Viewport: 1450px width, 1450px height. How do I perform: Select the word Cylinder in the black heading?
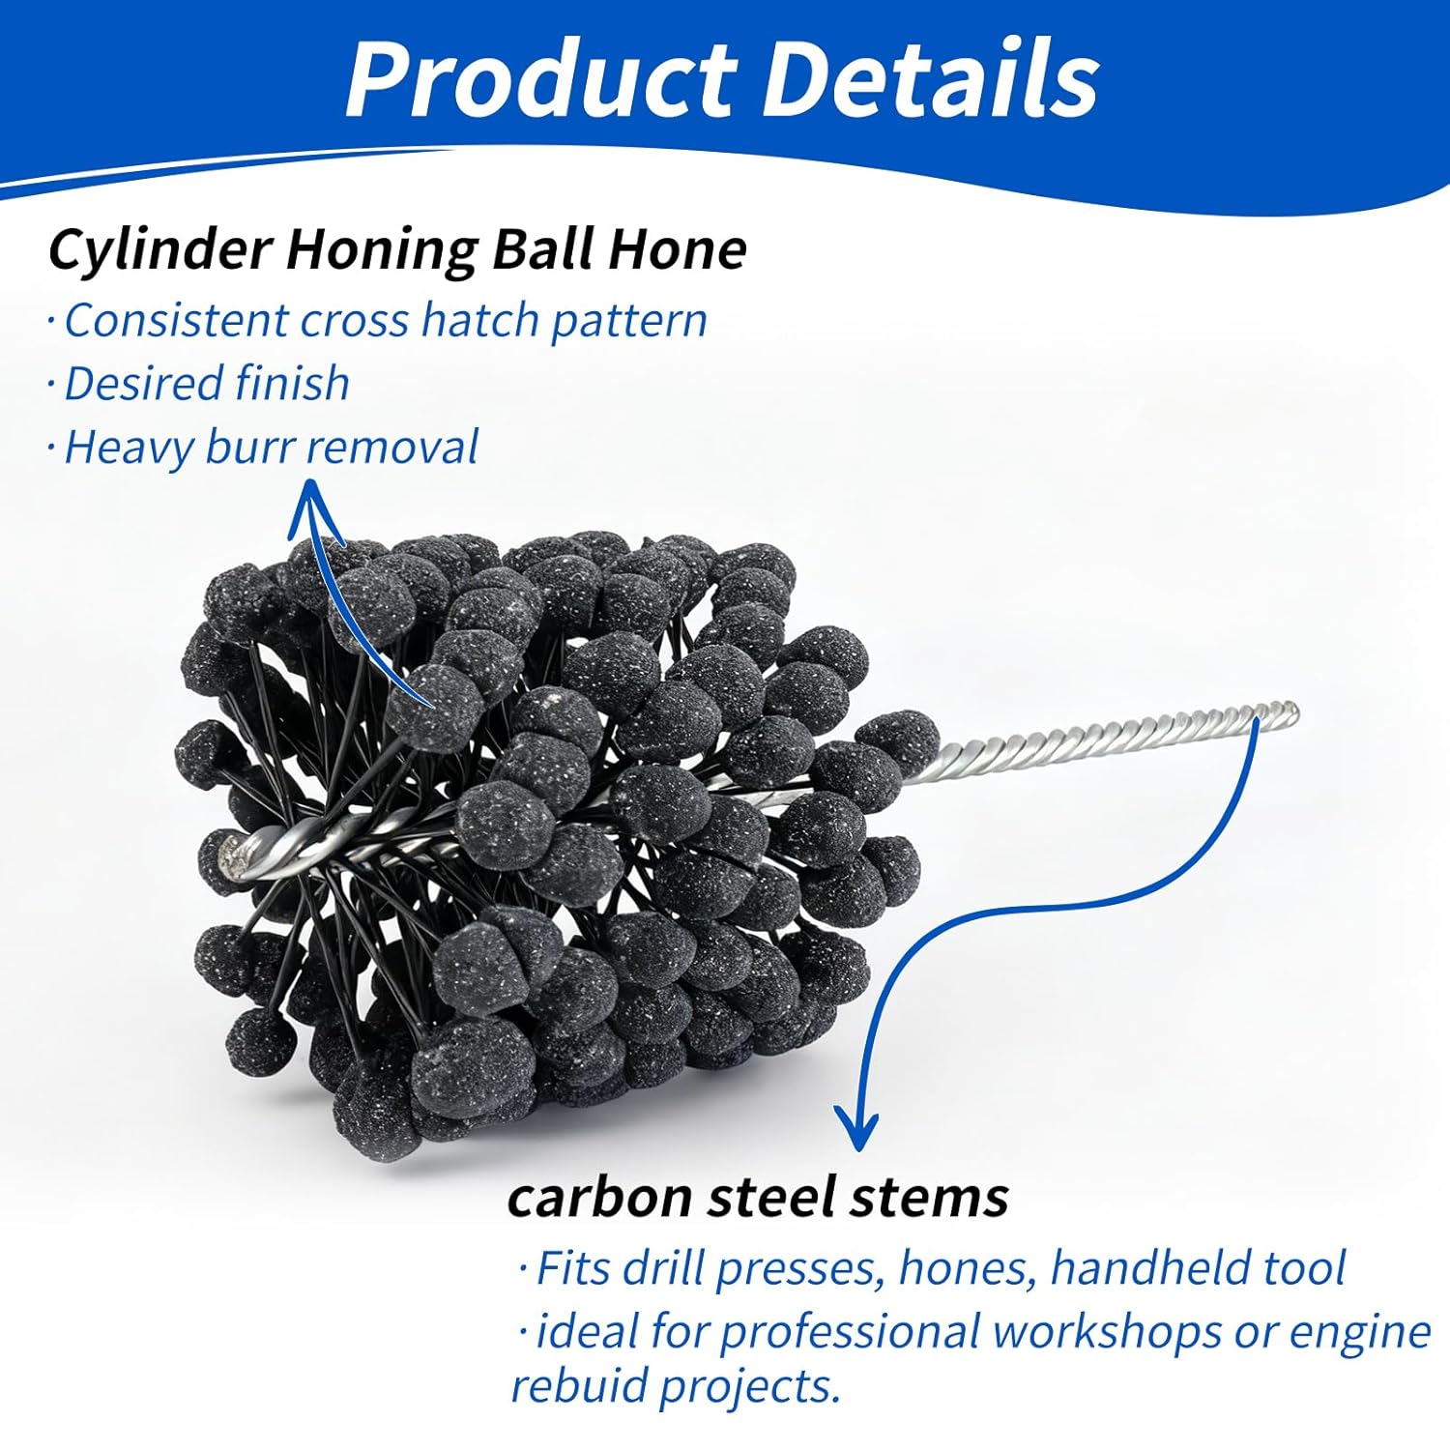(x=160, y=250)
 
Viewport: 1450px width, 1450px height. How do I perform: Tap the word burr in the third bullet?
(x=252, y=448)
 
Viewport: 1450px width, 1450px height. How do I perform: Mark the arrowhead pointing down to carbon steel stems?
(x=856, y=1131)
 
